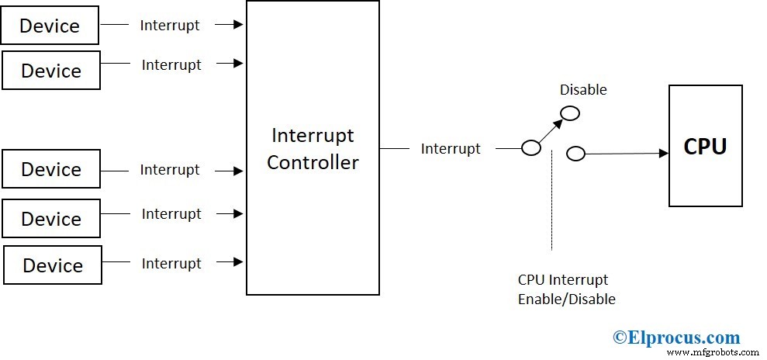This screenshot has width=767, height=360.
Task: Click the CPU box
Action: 705,146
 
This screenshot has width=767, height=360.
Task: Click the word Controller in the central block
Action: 313,162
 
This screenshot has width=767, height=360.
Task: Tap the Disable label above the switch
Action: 583,90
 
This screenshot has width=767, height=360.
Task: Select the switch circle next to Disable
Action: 570,113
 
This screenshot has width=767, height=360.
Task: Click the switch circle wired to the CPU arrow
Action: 575,154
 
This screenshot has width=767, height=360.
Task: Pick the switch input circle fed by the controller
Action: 531,148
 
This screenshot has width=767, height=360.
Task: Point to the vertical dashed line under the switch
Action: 551,202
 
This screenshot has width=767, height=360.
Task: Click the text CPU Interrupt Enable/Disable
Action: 566,289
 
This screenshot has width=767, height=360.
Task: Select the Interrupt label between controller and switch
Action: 450,148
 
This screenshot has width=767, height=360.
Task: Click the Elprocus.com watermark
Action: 676,337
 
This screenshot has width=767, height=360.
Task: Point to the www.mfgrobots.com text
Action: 711,352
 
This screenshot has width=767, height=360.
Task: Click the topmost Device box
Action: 50,26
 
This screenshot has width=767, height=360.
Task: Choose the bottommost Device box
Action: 53,265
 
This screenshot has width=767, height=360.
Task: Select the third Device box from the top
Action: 51,169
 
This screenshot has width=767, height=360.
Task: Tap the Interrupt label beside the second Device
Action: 171,64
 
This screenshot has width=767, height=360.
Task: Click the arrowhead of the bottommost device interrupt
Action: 240,263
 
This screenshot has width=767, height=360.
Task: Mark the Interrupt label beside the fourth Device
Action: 171,213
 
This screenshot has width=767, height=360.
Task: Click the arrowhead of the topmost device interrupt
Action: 240,25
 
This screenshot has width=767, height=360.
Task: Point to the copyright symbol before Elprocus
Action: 619,337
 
